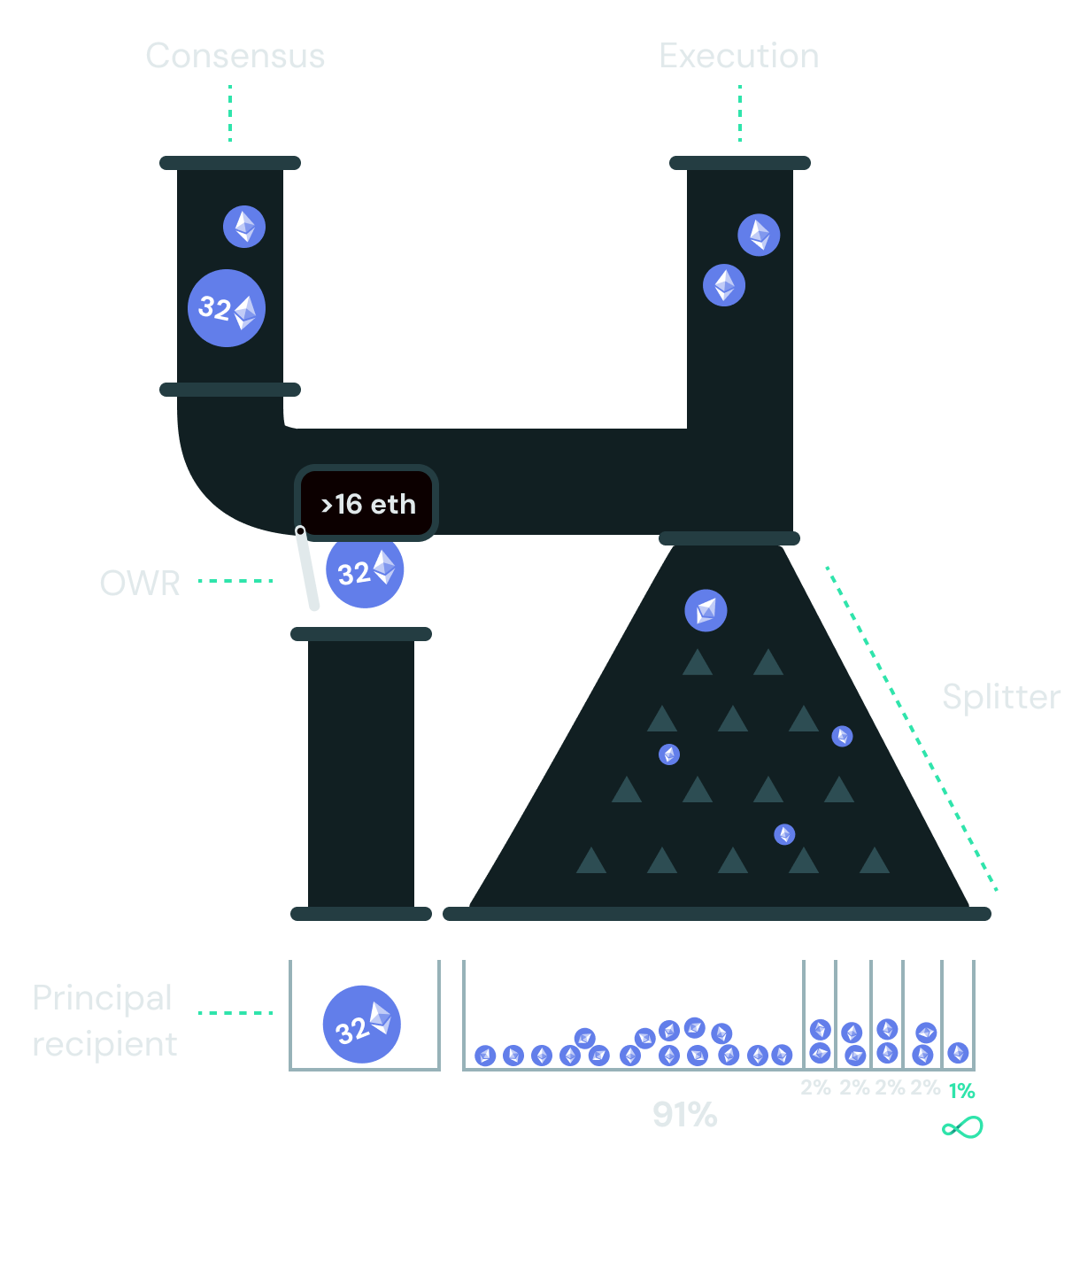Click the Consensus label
(235, 57)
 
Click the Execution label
(739, 57)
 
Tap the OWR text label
(140, 584)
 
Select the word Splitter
(1001, 697)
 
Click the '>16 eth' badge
(367, 504)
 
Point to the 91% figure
(684, 1115)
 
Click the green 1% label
(961, 1091)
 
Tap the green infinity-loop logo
(962, 1128)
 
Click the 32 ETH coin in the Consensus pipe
(227, 308)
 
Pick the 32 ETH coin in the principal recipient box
(362, 1025)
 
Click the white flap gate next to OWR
(307, 569)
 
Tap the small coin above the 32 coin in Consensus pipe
(244, 227)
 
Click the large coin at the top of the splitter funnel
(706, 610)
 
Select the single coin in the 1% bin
(958, 1053)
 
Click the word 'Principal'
(103, 998)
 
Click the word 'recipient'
(104, 1045)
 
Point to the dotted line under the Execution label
(739, 113)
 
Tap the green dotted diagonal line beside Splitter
(912, 728)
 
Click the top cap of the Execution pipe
(740, 163)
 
